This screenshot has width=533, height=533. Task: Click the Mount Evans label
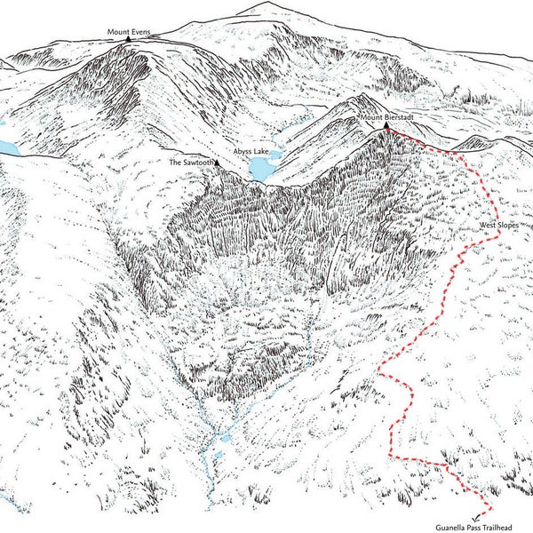point(130,33)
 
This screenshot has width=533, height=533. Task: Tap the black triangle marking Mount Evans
point(130,40)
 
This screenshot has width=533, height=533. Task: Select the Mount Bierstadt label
point(387,118)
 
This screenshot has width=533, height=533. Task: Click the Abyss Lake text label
point(251,152)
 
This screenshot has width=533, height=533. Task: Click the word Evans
point(140,33)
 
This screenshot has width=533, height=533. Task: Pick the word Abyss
point(243,152)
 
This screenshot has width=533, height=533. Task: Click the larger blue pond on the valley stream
point(226,439)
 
